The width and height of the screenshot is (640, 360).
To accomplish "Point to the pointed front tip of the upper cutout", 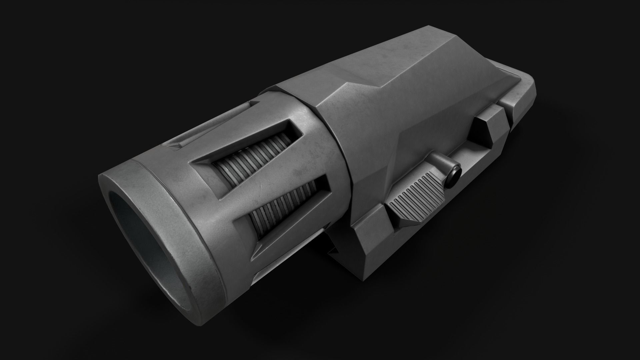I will tap(193, 163).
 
